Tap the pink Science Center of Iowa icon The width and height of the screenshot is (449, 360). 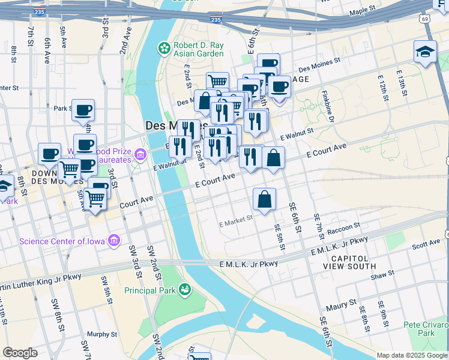[113, 242]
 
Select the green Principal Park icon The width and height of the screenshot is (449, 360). [185, 290]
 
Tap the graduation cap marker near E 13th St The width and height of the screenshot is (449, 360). [424, 52]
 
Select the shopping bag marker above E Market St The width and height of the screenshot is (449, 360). [264, 199]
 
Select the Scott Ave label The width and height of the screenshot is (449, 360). [426, 245]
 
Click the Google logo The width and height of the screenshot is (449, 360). [20, 353]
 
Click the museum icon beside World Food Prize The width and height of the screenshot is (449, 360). [140, 155]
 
